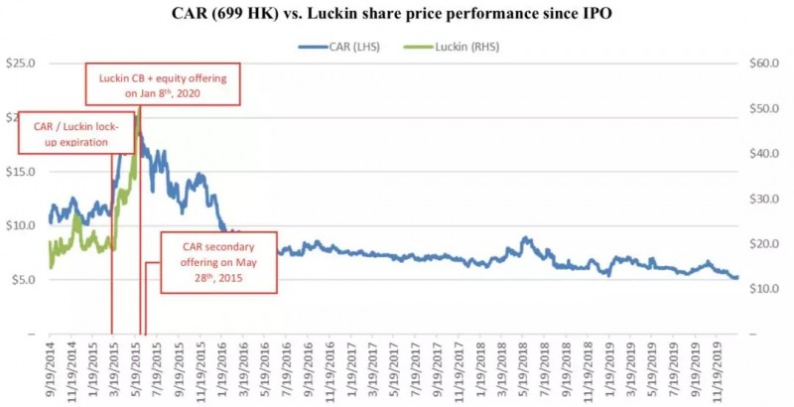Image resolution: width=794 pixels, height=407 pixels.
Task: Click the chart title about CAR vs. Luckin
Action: click(x=396, y=13)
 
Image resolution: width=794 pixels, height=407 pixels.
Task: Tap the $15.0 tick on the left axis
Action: click(x=20, y=172)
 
